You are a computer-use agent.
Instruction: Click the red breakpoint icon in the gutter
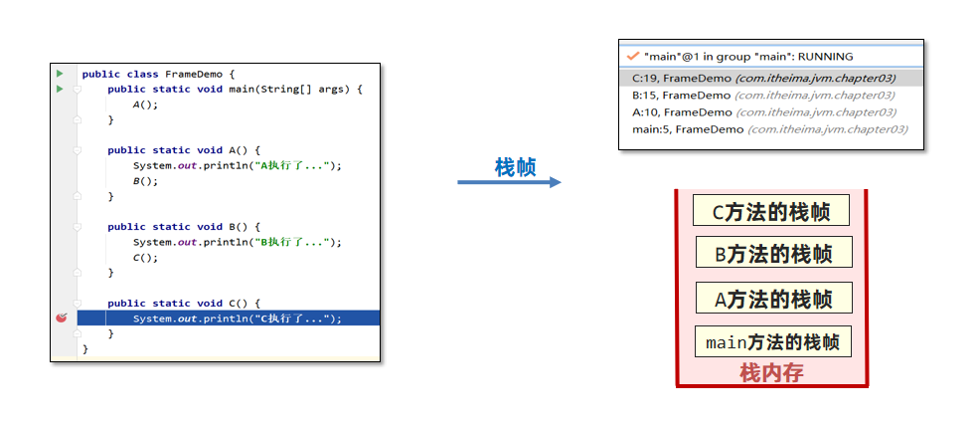click(61, 318)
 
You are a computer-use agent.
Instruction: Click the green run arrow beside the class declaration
click(60, 74)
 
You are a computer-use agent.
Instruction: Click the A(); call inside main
click(145, 105)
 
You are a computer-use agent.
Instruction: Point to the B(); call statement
click(145, 181)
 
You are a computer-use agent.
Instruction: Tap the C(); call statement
click(145, 257)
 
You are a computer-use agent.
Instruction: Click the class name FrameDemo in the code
click(194, 74)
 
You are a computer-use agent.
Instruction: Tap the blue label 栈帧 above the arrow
click(515, 166)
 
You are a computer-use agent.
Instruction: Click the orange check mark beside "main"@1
click(632, 57)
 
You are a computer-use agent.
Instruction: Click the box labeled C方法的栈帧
click(771, 211)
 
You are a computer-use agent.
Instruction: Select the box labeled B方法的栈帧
click(773, 253)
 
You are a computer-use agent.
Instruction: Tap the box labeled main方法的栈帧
click(773, 342)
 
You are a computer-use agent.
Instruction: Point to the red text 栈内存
click(771, 373)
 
